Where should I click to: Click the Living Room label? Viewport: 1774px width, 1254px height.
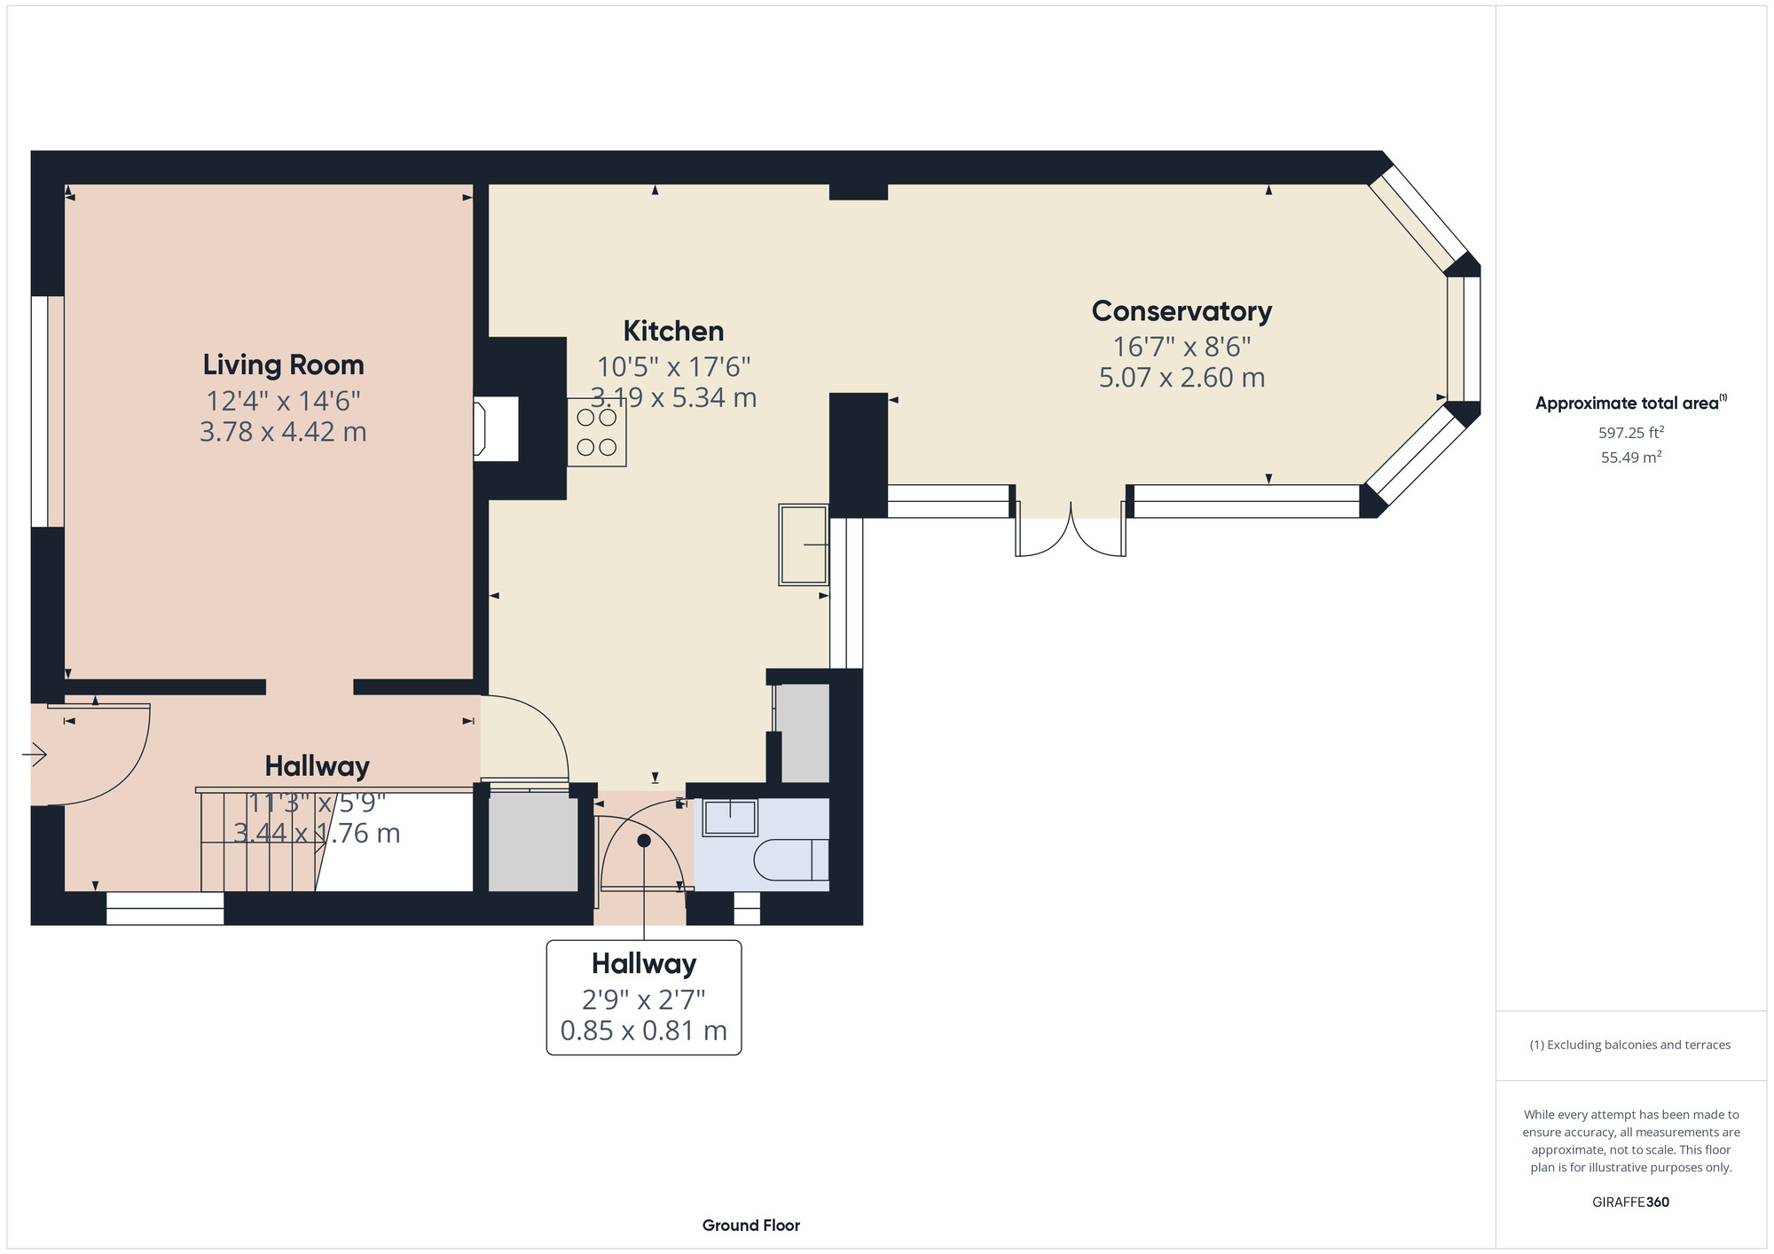283,364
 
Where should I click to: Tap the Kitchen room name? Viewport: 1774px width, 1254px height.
673,331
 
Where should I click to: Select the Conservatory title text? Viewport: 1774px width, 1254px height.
1181,311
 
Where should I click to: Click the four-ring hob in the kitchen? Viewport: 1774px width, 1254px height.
597,432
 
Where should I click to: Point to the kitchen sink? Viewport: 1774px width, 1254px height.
803,545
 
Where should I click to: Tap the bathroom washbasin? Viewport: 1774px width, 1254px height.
730,817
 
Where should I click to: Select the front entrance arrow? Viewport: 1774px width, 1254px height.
35,755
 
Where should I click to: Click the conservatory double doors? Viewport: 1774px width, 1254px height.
1071,532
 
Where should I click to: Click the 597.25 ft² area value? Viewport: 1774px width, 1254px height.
1630,433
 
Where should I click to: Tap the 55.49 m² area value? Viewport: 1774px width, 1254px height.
1630,458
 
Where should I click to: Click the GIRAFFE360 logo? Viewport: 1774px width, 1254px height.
1630,1203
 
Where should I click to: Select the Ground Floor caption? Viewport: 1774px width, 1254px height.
750,1226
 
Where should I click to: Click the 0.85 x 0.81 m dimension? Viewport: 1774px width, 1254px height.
643,1031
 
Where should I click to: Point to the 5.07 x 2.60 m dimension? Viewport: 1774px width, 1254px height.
1181,378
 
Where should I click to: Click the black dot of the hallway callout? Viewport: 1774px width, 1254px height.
644,840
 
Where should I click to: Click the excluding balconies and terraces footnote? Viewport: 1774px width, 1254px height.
1630,1045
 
